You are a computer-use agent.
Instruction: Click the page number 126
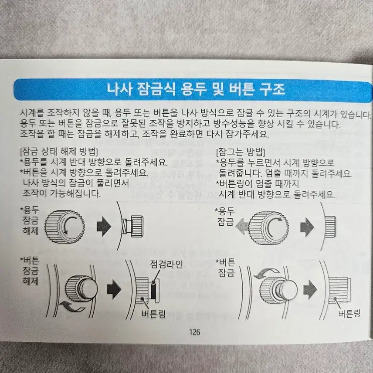pos(194,332)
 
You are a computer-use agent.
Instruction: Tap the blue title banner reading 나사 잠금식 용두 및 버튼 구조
pos(193,90)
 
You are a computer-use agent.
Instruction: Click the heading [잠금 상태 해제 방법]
pos(59,151)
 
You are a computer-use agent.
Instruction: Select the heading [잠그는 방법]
pos(241,152)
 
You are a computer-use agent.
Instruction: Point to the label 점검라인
pos(166,264)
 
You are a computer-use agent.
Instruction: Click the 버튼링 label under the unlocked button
pos(153,314)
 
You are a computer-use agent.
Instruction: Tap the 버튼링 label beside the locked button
pos(349,313)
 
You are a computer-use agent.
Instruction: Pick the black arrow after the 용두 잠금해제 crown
pos(104,226)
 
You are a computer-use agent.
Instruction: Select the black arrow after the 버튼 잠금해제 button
pos(114,289)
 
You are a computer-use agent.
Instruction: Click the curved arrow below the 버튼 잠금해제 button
pos(72,307)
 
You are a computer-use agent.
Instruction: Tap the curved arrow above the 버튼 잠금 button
pos(267,273)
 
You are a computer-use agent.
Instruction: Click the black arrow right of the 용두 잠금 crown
pos(307,227)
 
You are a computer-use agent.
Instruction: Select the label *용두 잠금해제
pos(30,220)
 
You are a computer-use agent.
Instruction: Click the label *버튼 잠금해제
pos(30,271)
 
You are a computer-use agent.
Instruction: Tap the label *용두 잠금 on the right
pos(225,216)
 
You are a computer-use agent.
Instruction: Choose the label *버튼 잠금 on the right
pos(225,267)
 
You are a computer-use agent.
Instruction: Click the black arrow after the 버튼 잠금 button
pos(310,289)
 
